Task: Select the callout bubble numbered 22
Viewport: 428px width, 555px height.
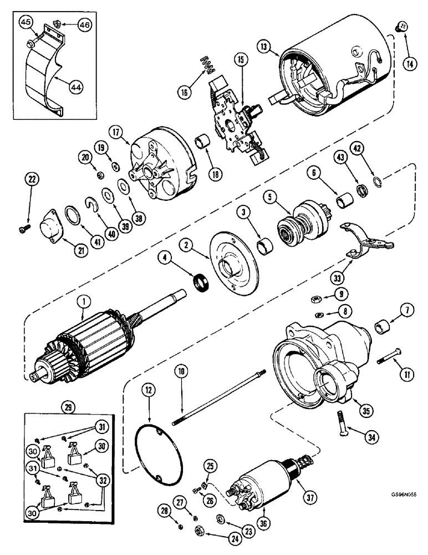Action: [x=32, y=179]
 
